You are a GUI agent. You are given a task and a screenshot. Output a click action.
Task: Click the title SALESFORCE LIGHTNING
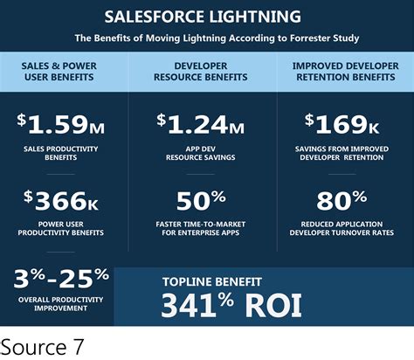[x=203, y=17]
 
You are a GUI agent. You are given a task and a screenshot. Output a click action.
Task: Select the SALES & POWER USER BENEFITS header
[x=64, y=69]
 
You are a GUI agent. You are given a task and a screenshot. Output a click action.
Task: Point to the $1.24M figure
[x=202, y=127]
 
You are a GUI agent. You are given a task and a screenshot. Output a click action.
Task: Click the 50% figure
[x=202, y=204]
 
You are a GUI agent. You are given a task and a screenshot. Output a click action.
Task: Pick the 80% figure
[x=342, y=204]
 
